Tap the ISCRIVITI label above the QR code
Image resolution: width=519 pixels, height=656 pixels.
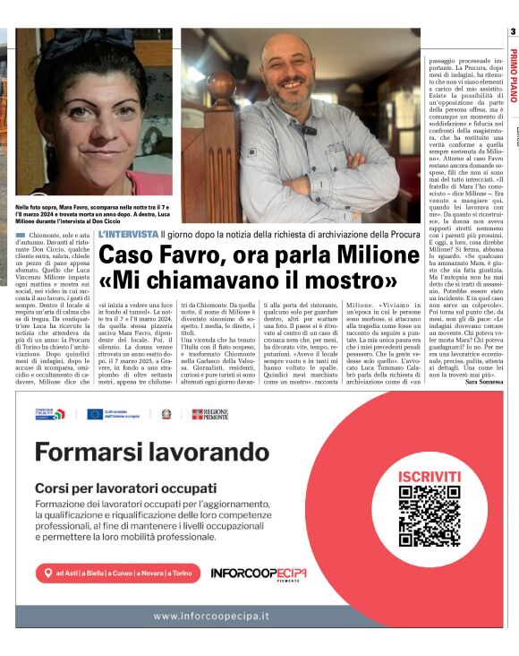pyautogui.click(x=430, y=475)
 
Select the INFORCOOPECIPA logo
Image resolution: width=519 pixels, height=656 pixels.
pyautogui.click(x=259, y=573)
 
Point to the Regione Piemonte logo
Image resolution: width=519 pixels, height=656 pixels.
pyautogui.click(x=210, y=414)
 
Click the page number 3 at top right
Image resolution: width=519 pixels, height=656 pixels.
pyautogui.click(x=513, y=33)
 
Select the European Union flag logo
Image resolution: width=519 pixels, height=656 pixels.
pyautogui.click(x=94, y=414)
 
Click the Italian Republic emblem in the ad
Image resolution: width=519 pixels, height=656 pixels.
pyautogui.click(x=166, y=414)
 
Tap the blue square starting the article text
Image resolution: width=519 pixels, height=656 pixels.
pyautogui.click(x=20, y=235)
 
